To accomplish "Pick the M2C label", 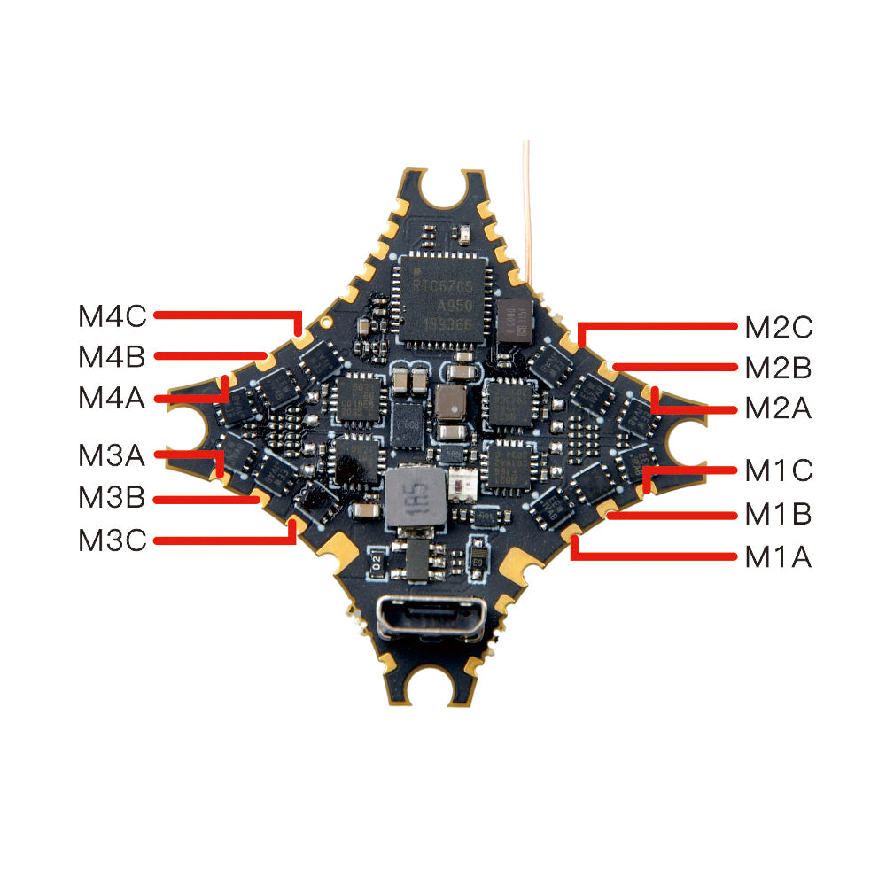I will tap(778, 327).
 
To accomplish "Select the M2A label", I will tap(778, 409).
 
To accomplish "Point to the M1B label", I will tap(778, 514).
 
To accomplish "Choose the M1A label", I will tap(778, 557).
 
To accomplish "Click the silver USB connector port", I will tap(431, 618).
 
